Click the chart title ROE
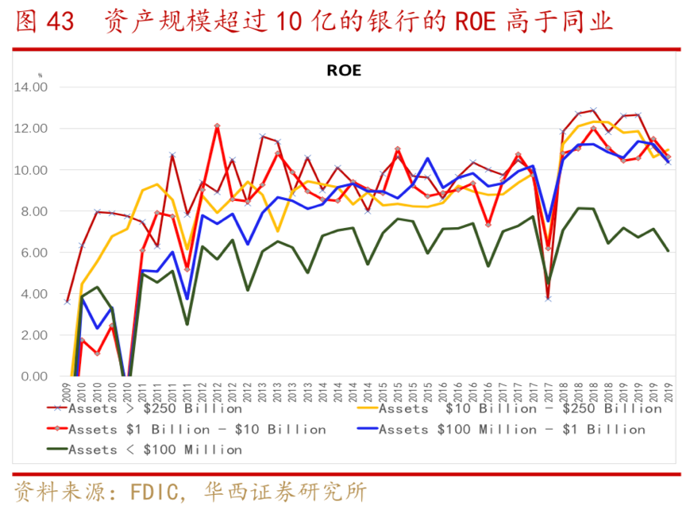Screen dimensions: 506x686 [344, 70]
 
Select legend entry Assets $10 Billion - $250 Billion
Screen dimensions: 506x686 [520, 408]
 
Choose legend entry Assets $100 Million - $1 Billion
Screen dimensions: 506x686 [512, 429]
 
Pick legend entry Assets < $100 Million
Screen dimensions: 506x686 [155, 450]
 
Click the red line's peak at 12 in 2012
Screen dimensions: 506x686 [217, 126]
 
